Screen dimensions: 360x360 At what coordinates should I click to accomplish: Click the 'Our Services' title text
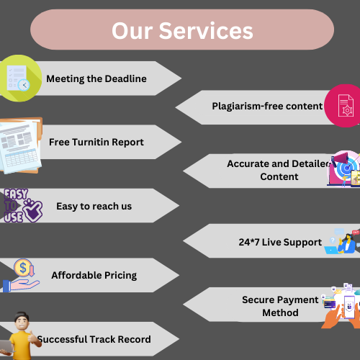point(182,30)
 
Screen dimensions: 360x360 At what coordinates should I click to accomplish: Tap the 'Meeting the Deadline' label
point(96,78)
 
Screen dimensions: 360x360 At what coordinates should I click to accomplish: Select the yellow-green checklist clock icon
point(20,78)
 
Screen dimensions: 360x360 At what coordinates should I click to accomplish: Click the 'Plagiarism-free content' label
point(267,106)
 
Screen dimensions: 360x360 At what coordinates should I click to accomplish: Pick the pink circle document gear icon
point(343,106)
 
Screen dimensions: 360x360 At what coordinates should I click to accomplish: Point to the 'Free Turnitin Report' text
point(96,142)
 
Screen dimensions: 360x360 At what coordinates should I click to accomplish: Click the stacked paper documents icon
point(21,145)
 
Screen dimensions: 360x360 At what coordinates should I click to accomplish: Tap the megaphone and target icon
point(344,168)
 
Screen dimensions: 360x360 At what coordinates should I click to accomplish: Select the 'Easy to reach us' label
point(94,206)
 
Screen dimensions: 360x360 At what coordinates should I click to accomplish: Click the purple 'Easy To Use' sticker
point(23,206)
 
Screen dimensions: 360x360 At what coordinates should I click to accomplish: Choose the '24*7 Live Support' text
point(280,242)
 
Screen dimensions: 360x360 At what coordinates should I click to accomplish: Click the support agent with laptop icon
point(342,241)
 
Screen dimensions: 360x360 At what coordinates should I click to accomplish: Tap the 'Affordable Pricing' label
point(94,275)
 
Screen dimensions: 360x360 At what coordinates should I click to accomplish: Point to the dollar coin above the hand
point(23,267)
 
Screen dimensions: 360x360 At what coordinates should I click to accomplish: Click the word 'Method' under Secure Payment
point(280,312)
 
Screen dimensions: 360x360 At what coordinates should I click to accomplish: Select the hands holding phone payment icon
point(341,306)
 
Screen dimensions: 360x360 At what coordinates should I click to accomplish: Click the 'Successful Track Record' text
point(94,339)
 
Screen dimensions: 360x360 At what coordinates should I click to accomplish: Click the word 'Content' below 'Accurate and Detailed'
point(279,176)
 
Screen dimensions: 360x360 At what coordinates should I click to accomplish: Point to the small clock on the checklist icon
point(24,85)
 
